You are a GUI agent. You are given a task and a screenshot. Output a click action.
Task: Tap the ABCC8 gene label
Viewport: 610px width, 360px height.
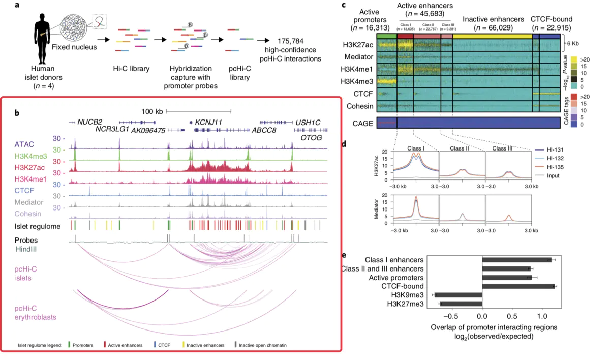pyautogui.click(x=265, y=130)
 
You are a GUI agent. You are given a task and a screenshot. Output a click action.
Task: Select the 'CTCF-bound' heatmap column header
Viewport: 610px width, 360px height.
pyautogui.click(x=552, y=19)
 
